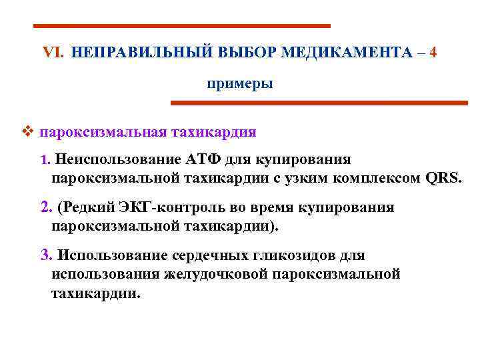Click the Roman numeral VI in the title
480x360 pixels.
[51, 53]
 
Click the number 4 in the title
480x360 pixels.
[433, 53]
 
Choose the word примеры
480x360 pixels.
[239, 84]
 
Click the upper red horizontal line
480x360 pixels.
[181, 26]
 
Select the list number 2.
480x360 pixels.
[45, 207]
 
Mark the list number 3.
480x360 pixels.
[45, 255]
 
